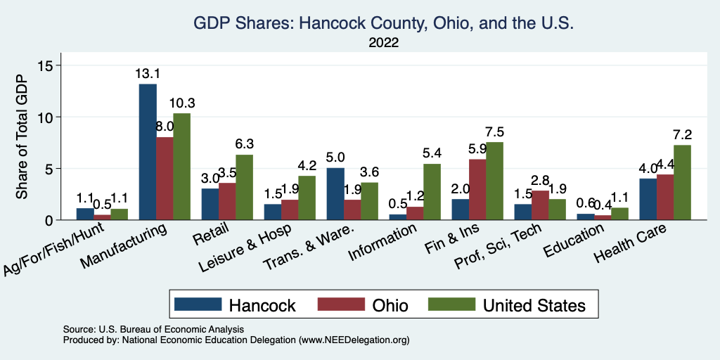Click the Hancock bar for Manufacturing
click(x=148, y=152)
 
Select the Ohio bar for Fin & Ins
click(x=477, y=190)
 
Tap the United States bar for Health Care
click(x=682, y=183)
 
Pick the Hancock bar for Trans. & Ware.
click(x=335, y=194)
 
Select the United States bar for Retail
click(x=244, y=187)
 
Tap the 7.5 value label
click(x=495, y=132)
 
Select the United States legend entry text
click(x=534, y=305)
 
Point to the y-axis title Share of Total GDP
click(x=22, y=138)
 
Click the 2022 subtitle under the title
click(x=383, y=44)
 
